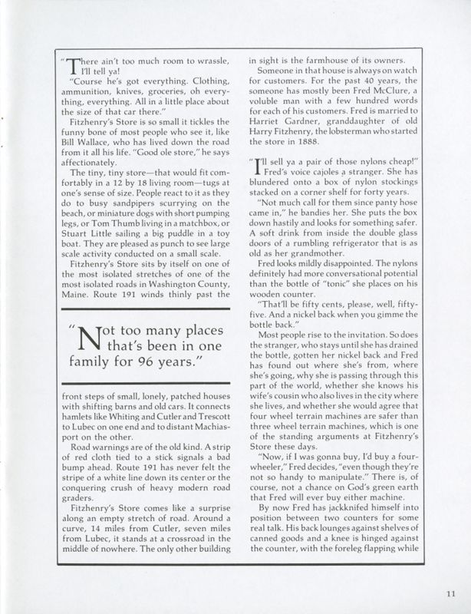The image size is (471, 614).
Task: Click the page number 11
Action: click(450, 593)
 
